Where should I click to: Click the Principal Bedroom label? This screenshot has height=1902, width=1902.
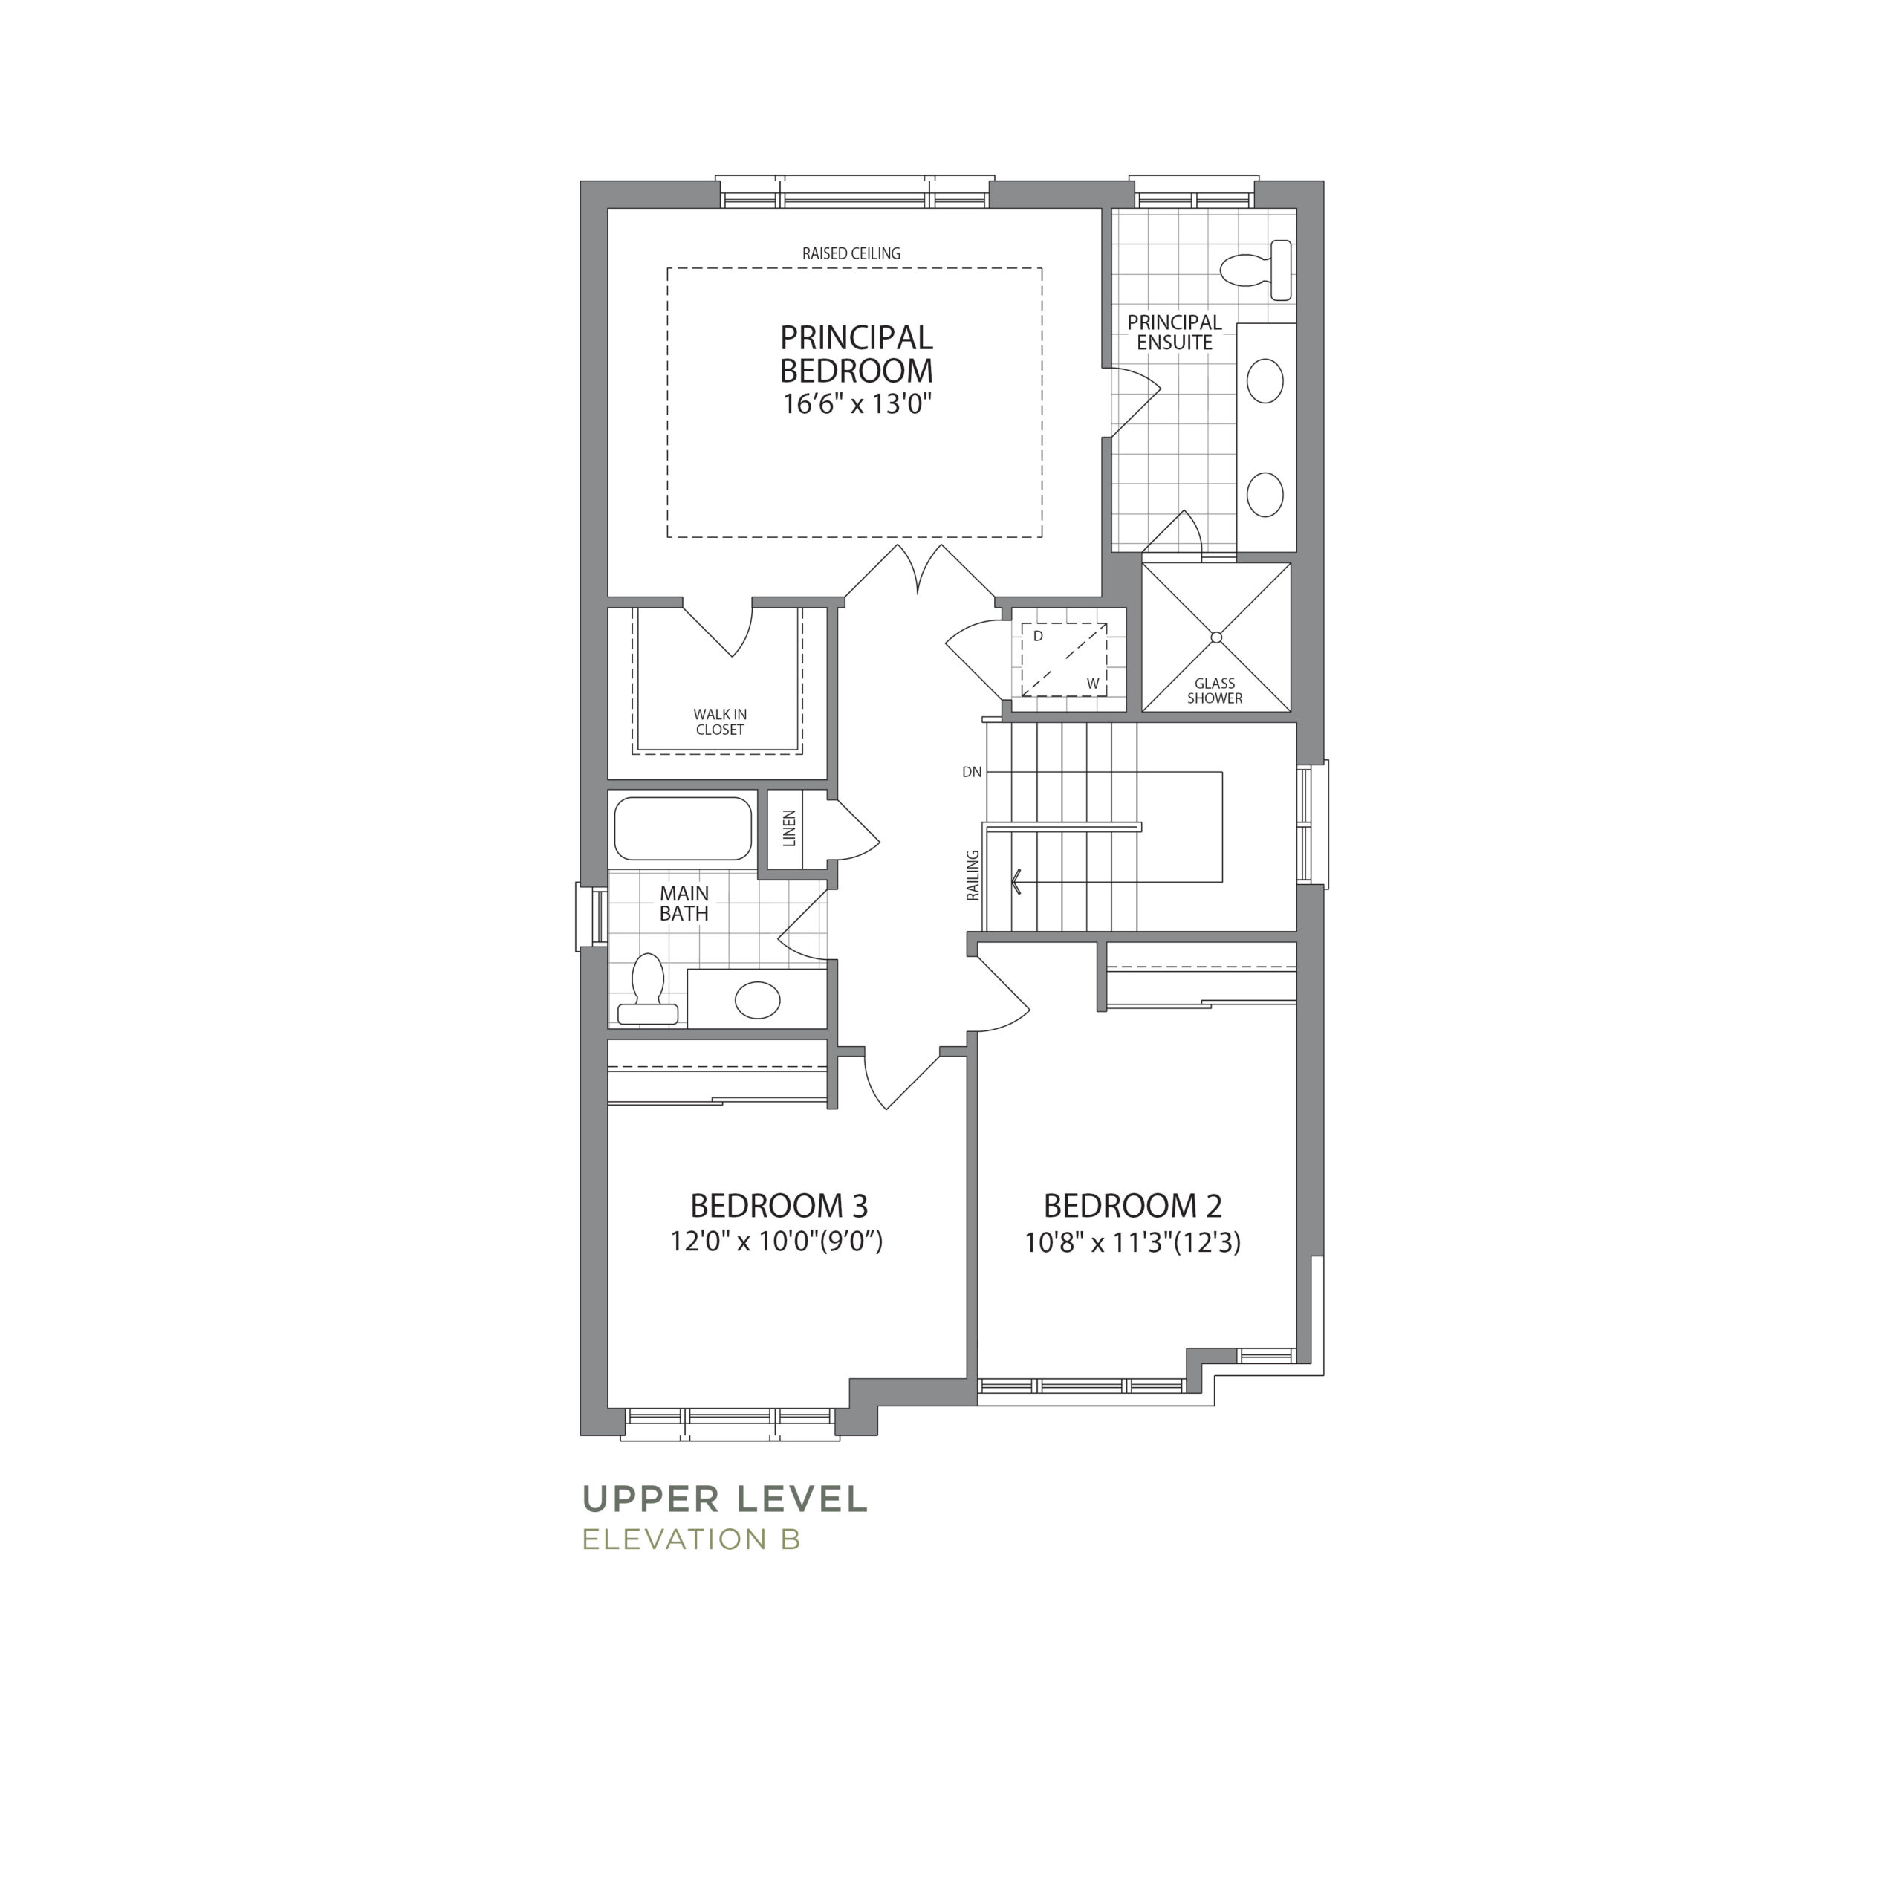[857, 354]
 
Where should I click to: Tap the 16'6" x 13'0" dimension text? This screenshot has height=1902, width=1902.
[857, 403]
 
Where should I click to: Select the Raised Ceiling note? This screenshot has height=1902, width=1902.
[851, 253]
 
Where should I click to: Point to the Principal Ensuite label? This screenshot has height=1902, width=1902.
[1175, 333]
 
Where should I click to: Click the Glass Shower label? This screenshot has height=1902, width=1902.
[1215, 691]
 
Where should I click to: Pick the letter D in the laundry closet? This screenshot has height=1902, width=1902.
[1038, 637]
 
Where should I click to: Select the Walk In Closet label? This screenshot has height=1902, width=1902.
[720, 721]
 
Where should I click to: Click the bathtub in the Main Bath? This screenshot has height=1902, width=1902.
[684, 828]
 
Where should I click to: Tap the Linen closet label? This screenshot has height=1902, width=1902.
[788, 829]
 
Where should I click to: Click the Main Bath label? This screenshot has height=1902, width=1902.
[684, 903]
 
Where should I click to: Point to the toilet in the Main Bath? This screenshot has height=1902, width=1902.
[647, 988]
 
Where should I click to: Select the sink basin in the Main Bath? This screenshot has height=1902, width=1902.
[757, 1000]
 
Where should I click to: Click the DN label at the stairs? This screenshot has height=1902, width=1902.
[972, 772]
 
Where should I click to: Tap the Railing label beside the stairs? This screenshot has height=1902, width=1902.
[973, 875]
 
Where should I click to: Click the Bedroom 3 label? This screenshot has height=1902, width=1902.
[779, 1205]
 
